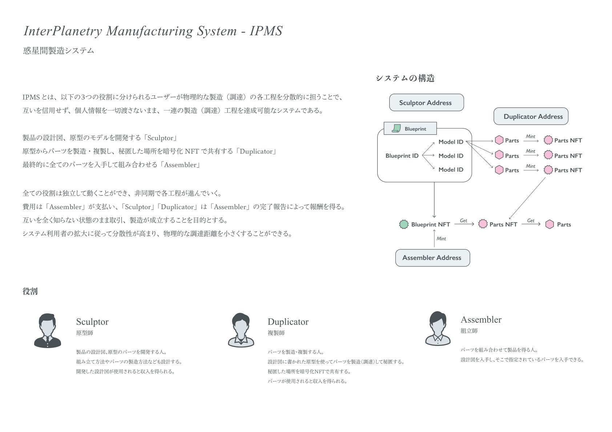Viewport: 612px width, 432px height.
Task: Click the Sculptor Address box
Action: [x=426, y=103]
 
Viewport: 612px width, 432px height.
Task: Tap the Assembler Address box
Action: [x=432, y=258]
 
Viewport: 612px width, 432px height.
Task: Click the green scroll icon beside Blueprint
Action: [x=396, y=129]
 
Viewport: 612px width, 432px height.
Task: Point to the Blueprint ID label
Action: [x=402, y=156]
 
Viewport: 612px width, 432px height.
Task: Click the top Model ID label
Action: [x=451, y=142]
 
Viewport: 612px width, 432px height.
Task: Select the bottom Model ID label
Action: [x=451, y=170]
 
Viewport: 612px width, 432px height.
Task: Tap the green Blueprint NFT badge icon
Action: [x=404, y=224]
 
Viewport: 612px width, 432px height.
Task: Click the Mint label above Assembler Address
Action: [x=441, y=239]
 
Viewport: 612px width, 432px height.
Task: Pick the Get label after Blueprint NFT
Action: [x=463, y=220]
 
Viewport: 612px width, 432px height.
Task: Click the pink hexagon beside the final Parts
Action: [x=549, y=224]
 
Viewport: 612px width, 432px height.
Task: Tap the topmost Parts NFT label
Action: [x=568, y=140]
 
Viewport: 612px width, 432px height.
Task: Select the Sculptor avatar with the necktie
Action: [x=48, y=331]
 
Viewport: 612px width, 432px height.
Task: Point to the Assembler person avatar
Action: [x=438, y=328]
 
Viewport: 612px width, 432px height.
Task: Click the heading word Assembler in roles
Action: [x=481, y=319]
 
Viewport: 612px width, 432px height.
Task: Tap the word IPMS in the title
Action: [x=266, y=31]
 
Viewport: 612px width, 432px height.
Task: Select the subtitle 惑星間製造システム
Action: [x=59, y=51]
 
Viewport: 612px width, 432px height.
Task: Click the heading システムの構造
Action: [x=405, y=78]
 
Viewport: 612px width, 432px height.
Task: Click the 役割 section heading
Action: [x=30, y=291]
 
